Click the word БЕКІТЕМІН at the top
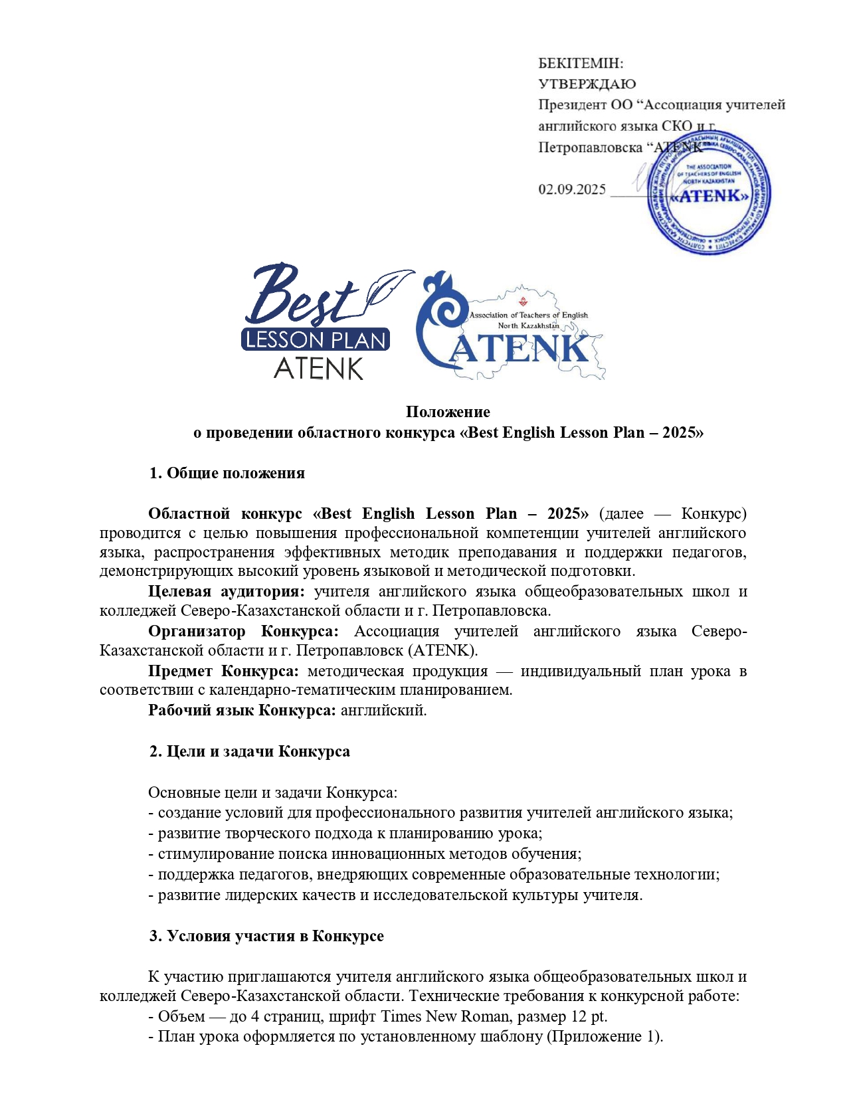point(581,64)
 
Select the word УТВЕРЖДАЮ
point(587,84)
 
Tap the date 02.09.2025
point(572,190)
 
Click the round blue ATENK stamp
point(709,193)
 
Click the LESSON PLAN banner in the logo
point(315,340)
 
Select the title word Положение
point(448,412)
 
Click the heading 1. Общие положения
point(227,474)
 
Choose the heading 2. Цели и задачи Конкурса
point(249,752)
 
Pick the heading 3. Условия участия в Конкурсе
point(266,937)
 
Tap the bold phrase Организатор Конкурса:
point(242,632)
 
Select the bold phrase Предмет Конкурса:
point(223,672)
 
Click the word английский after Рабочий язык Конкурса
point(383,711)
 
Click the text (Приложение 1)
point(605,1037)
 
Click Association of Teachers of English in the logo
point(529,316)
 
